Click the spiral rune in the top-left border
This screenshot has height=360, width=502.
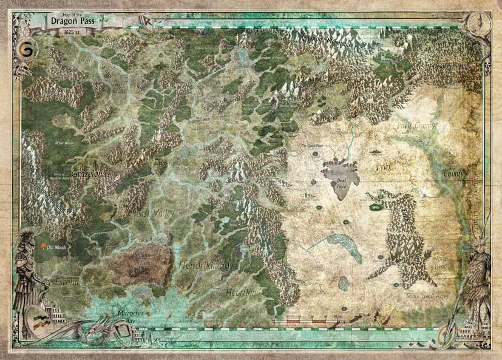pos(25,48)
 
